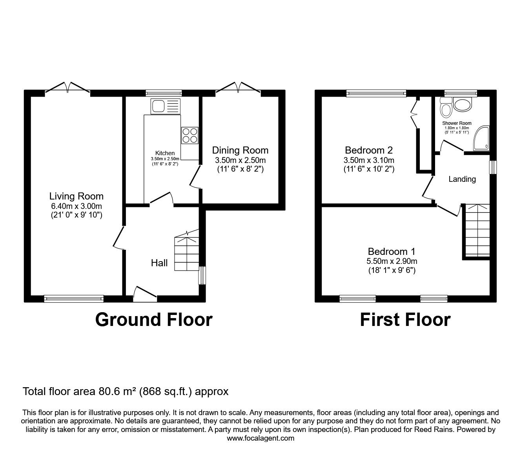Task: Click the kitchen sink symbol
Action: tap(165, 106)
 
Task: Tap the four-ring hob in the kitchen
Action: tap(190, 135)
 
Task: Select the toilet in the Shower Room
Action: tap(446, 108)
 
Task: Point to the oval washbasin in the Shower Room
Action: tap(463, 105)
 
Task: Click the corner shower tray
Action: tap(481, 139)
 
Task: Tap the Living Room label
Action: tap(77, 196)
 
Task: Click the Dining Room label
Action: tap(240, 150)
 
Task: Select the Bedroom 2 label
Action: tap(369, 150)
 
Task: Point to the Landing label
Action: tap(462, 179)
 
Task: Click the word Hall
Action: tap(159, 263)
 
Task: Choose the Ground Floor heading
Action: tap(154, 320)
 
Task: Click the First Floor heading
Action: tap(405, 320)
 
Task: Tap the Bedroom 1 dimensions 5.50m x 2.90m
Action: tap(392, 261)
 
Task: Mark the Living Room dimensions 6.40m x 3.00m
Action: tap(77, 206)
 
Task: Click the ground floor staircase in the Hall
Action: tap(187, 251)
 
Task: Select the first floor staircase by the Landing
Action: tap(477, 230)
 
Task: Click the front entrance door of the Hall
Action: tap(145, 294)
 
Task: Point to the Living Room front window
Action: tap(74, 299)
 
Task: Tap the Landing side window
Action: tap(493, 167)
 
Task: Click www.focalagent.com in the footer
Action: tap(260, 438)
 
